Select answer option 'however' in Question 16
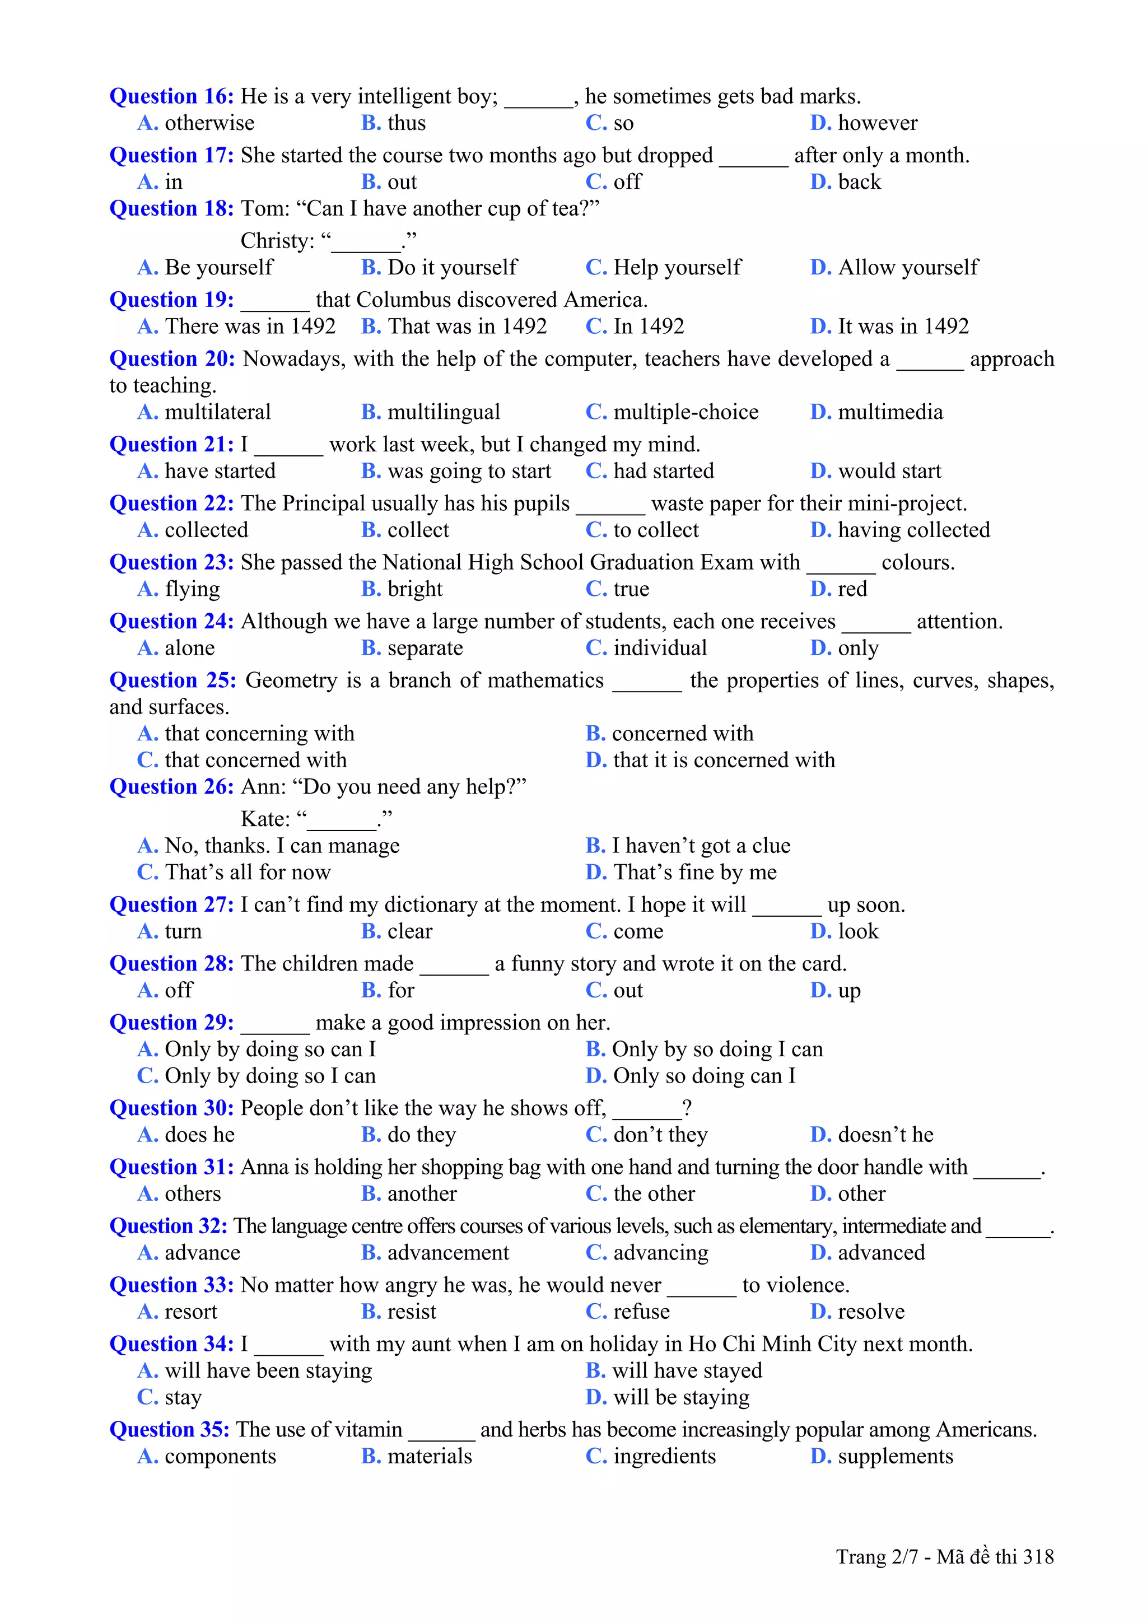[877, 123]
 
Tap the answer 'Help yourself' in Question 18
[677, 267]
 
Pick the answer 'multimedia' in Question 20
[890, 412]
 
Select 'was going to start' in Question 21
[469, 471]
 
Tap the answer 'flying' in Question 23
[192, 589]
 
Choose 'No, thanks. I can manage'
[281, 846]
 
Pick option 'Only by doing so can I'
[269, 1049]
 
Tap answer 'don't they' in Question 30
[659, 1135]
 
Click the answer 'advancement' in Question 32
[447, 1253]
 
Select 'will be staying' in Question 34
[680, 1397]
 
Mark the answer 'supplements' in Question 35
[895, 1456]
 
